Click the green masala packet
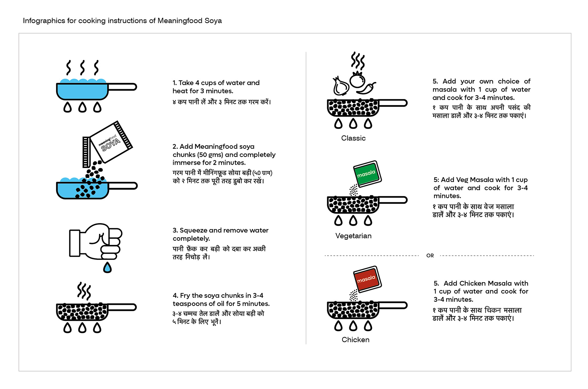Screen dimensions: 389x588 click(x=367, y=174)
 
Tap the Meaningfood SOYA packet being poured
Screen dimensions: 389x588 click(x=111, y=142)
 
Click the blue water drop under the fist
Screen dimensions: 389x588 click(x=107, y=268)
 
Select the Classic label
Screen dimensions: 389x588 click(x=353, y=138)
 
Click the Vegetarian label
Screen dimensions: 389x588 click(x=353, y=236)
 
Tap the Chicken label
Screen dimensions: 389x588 click(x=356, y=340)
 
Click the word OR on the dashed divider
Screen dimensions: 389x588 click(x=430, y=256)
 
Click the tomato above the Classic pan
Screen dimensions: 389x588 click(x=357, y=80)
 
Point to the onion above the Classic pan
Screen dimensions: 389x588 click(x=341, y=86)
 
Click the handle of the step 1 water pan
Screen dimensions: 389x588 click(x=123, y=87)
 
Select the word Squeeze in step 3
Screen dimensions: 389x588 click(x=193, y=230)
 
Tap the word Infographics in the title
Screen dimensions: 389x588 click(x=44, y=21)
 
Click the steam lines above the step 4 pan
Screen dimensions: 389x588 click(x=84, y=291)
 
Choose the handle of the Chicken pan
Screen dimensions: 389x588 click(x=393, y=305)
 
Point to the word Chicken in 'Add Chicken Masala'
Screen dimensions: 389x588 click(x=473, y=283)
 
